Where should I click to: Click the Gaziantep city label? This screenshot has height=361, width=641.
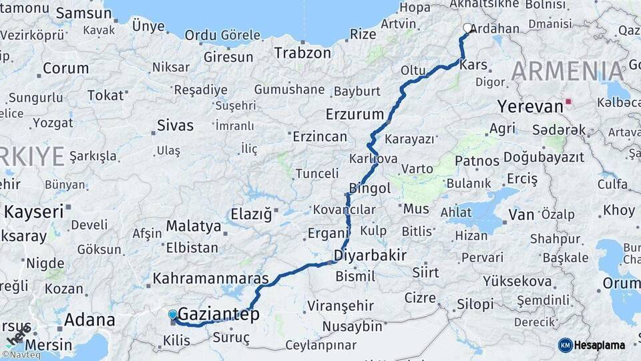click(218, 314)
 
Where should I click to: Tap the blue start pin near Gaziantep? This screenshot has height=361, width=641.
click(173, 314)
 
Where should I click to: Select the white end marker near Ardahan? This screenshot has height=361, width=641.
click(467, 28)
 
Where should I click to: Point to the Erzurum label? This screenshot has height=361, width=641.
click(355, 114)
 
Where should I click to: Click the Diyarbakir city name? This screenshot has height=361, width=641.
click(370, 255)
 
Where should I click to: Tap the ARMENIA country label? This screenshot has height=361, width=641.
click(568, 71)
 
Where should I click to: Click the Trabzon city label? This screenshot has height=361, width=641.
click(302, 53)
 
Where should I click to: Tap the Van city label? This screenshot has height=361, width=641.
click(521, 215)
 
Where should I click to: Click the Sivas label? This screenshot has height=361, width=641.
click(175, 125)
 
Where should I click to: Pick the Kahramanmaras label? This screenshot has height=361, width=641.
click(211, 278)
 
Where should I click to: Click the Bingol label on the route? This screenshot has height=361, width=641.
click(370, 189)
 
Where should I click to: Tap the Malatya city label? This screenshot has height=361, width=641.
click(194, 226)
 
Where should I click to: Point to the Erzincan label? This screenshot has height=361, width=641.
click(320, 137)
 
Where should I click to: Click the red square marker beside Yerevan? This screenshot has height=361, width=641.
click(568, 102)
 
